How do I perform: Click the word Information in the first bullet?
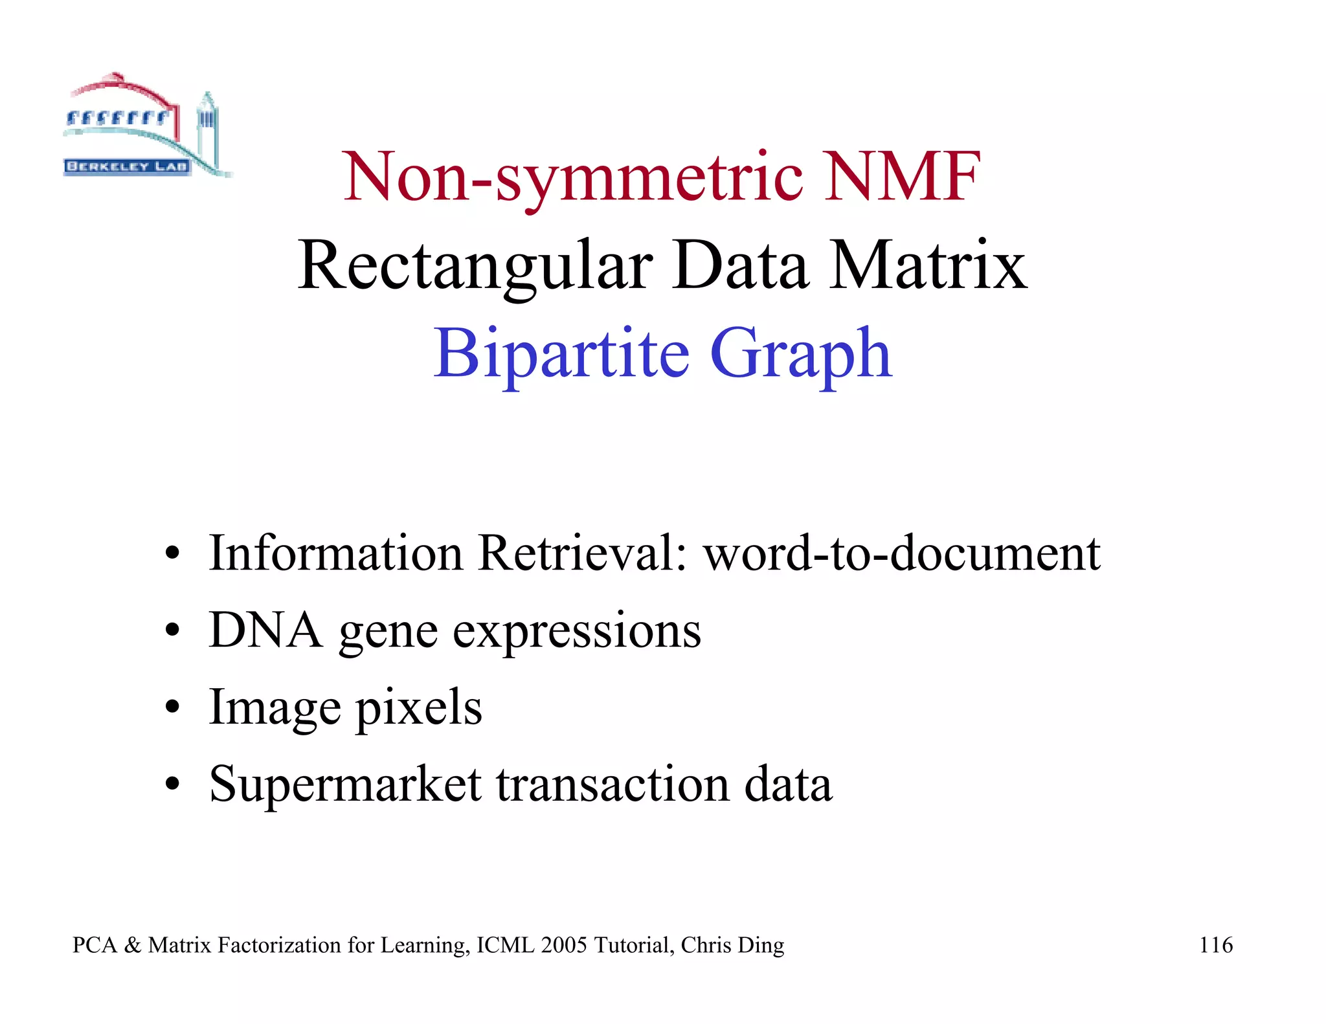click(x=335, y=553)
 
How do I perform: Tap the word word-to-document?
click(x=902, y=553)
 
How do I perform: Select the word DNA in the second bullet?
click(x=265, y=630)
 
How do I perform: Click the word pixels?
click(x=419, y=707)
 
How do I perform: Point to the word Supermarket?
click(x=345, y=785)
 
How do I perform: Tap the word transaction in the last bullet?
click(x=612, y=785)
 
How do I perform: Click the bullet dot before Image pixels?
click(x=172, y=707)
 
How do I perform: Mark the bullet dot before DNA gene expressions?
click(x=172, y=630)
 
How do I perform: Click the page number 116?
click(x=1215, y=945)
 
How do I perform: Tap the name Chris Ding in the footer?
click(x=732, y=945)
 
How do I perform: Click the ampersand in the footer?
click(x=132, y=945)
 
